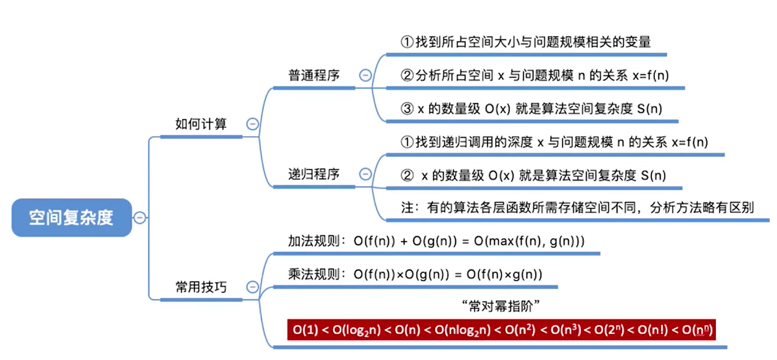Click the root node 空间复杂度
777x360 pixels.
tap(71, 218)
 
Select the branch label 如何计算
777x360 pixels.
tap(201, 124)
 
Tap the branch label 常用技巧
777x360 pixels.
tap(201, 287)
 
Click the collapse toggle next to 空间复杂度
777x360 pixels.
tap(140, 218)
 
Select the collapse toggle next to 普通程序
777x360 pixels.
tap(365, 75)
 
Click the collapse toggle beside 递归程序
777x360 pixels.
tap(365, 174)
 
